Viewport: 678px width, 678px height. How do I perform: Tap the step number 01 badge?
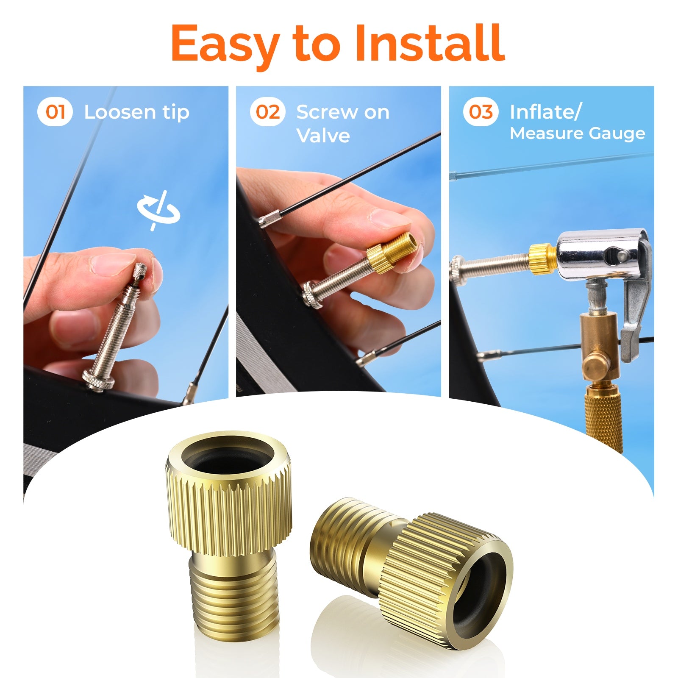(x=55, y=112)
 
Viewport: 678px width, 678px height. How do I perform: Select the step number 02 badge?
(x=268, y=112)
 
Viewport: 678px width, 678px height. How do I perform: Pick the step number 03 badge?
(x=481, y=112)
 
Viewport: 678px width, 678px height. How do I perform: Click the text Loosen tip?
(x=136, y=113)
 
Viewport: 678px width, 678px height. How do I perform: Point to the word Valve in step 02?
(x=323, y=136)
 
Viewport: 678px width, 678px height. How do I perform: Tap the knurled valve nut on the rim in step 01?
(x=98, y=380)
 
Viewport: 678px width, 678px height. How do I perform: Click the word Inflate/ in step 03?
(x=545, y=112)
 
